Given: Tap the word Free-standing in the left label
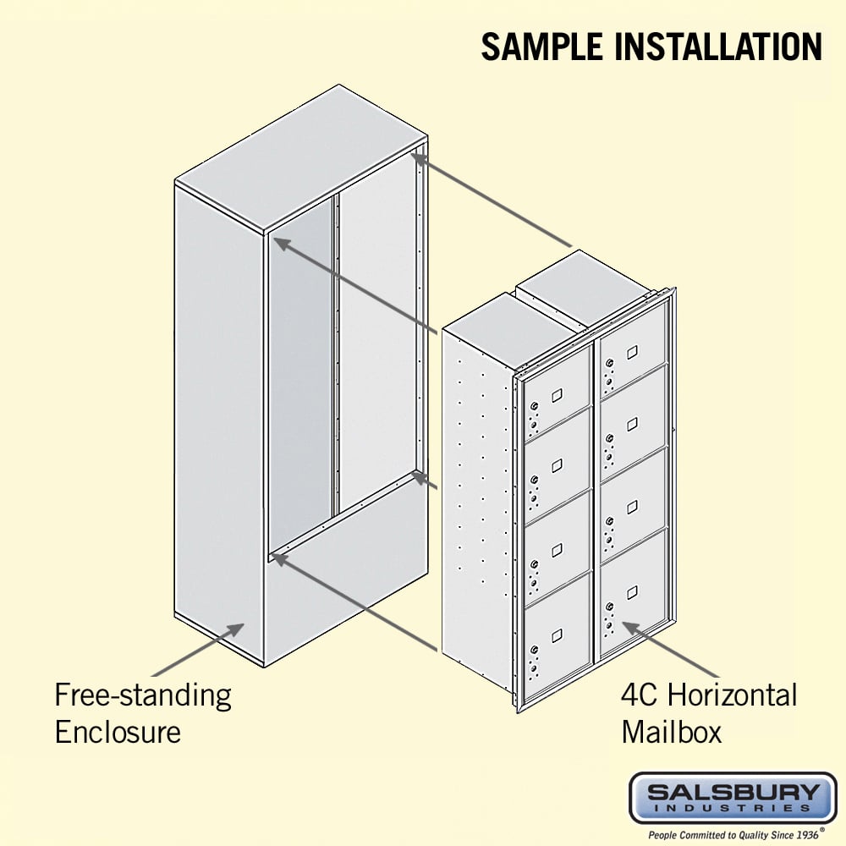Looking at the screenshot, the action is click(x=143, y=696).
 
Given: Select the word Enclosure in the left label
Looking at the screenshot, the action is click(x=118, y=732).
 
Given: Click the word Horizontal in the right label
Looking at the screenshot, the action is click(x=732, y=695).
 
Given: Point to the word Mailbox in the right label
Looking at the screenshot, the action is click(x=671, y=732).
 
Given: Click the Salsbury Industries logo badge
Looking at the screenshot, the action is click(x=733, y=799).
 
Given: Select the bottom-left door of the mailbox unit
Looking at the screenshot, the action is click(x=557, y=640).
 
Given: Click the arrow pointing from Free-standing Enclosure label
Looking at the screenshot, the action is click(x=197, y=650).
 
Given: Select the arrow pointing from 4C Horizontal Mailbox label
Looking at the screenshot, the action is click(x=671, y=650).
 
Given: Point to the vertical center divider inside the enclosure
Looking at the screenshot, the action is click(x=336, y=354).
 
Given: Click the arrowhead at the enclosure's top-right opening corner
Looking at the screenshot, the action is click(x=418, y=157).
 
